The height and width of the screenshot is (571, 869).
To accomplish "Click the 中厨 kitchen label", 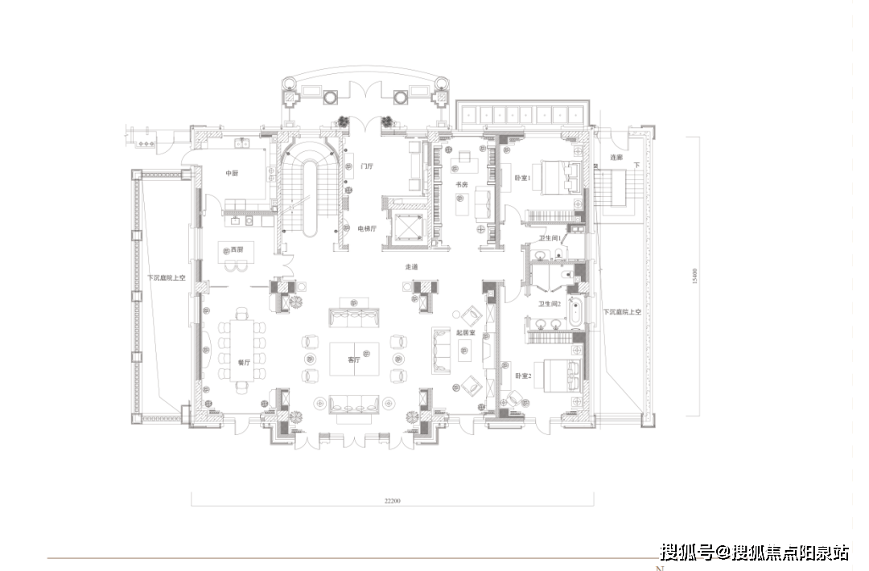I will [233, 173].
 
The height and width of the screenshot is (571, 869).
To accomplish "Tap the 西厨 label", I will [237, 250].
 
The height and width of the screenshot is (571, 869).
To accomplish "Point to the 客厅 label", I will [353, 359].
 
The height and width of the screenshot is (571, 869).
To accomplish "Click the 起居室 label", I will [466, 331].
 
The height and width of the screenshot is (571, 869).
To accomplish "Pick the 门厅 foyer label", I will [367, 166].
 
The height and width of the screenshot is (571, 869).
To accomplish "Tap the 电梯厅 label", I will [367, 228].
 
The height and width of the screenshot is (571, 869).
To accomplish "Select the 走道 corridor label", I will [411, 266].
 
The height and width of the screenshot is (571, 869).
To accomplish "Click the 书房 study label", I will [462, 185].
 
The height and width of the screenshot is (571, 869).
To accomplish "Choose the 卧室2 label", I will [523, 375].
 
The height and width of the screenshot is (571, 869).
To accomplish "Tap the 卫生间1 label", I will [550, 238].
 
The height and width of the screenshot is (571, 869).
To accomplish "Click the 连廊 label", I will [616, 158].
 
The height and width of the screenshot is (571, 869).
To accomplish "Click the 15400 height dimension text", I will [693, 276].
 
